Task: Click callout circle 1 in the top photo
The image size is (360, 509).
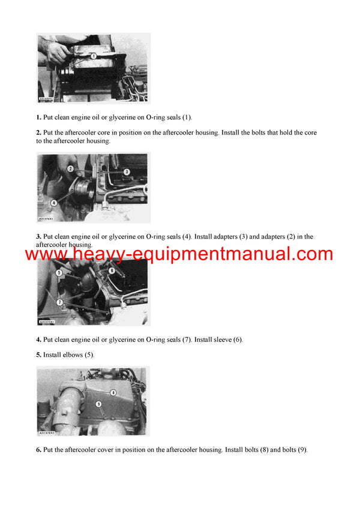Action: point(94,55)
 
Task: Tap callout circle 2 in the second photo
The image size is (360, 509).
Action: point(70,169)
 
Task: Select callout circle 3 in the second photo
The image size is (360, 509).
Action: point(127,172)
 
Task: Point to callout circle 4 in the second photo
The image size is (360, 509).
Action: point(54,202)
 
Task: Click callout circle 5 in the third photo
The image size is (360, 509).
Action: point(59,273)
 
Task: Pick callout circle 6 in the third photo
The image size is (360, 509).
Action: point(112,270)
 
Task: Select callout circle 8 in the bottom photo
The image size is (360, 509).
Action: point(112,392)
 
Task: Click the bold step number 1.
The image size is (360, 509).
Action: point(38,118)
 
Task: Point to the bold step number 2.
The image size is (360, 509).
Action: point(38,132)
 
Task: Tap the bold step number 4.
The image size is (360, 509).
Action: point(38,340)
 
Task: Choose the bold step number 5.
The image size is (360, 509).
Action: point(38,355)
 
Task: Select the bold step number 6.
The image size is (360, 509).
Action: point(38,450)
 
